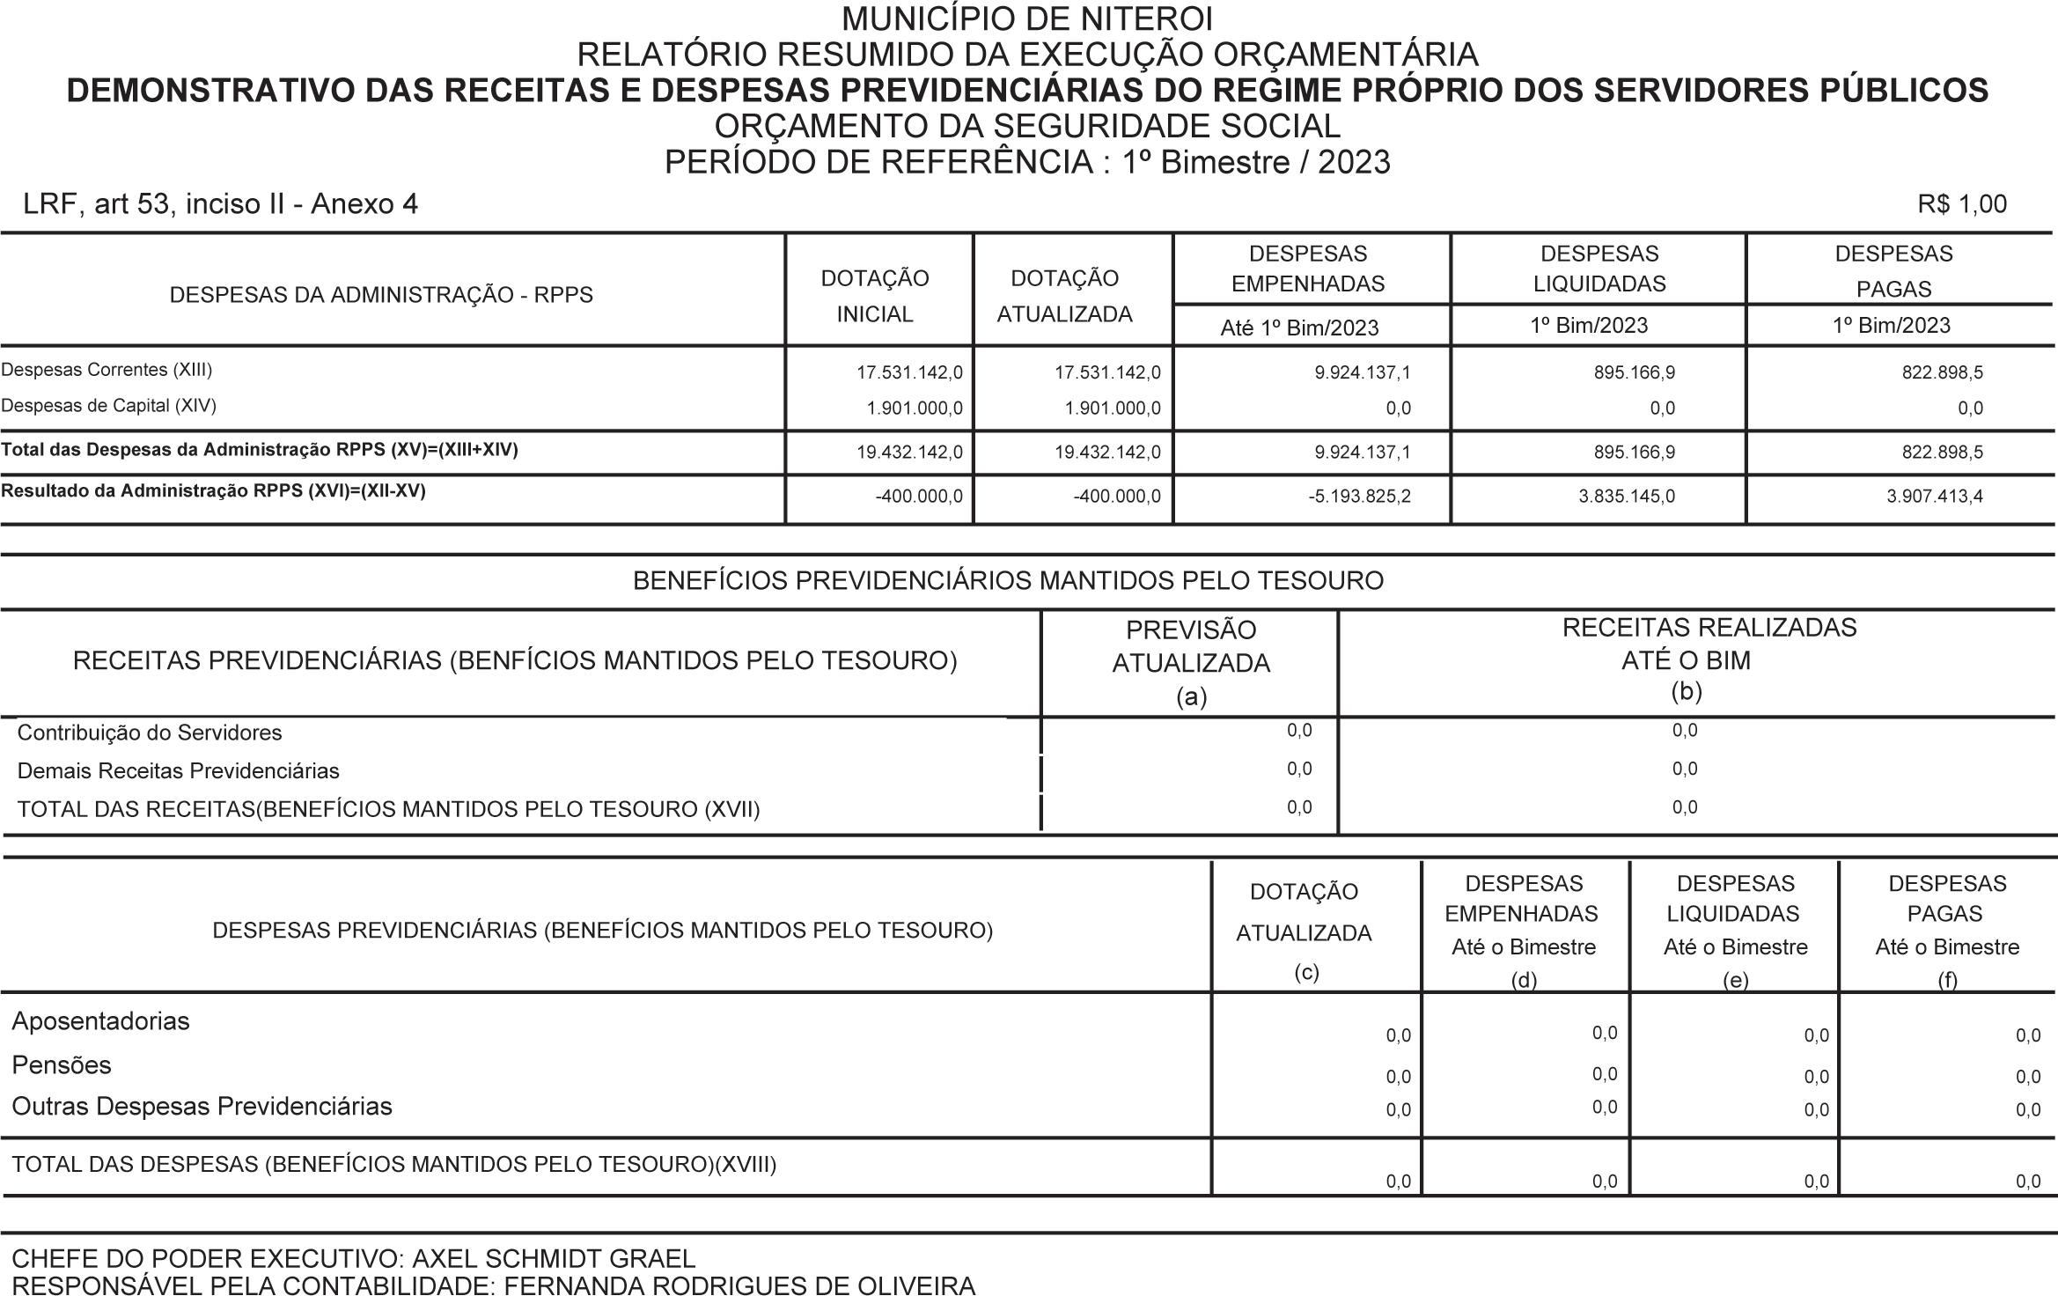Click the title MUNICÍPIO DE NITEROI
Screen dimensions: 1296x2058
(1027, 18)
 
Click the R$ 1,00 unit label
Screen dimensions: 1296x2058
(1962, 204)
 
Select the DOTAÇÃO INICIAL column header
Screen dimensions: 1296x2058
(874, 296)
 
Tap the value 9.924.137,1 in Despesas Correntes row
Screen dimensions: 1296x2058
(1362, 372)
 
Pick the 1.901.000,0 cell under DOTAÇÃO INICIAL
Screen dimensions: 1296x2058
(915, 409)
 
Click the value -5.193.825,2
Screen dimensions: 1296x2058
(1359, 497)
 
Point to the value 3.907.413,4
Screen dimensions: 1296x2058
(1934, 497)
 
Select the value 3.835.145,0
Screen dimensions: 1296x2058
(1627, 497)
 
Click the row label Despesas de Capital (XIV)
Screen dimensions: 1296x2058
(108, 406)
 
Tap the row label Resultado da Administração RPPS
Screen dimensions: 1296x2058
(213, 491)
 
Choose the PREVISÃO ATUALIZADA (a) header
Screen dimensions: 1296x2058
(1191, 663)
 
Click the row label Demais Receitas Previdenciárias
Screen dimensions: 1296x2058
(178, 771)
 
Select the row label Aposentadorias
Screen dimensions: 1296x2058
(100, 1021)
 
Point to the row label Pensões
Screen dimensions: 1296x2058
(62, 1065)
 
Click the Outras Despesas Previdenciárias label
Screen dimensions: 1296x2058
(202, 1107)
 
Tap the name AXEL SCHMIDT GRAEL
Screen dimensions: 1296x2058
(554, 1259)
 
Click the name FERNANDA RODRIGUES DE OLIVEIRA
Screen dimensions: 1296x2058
(739, 1285)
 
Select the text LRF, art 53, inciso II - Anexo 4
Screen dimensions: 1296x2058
(220, 204)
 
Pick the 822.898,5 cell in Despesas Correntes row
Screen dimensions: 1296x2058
(1942, 372)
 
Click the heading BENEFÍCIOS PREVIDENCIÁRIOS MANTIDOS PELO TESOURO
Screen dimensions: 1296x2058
(1008, 581)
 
